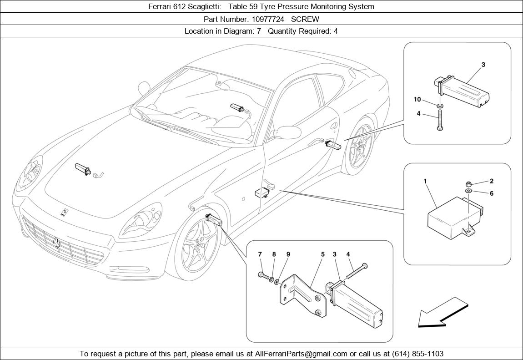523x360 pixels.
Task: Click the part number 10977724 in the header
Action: pos(268,19)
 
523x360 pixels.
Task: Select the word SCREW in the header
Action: pos(305,19)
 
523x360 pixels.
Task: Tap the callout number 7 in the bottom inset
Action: pos(260,254)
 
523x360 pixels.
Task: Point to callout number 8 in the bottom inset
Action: pos(274,254)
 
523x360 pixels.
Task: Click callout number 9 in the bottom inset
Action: pos(288,254)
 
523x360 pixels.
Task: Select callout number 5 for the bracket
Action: pos(322,254)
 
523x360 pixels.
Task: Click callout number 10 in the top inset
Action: pos(417,99)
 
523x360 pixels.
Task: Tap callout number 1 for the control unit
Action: pos(425,181)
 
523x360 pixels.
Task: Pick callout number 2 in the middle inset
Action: pos(492,181)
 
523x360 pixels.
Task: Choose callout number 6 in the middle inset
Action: pos(492,193)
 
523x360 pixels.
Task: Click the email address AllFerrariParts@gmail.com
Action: pos(301,354)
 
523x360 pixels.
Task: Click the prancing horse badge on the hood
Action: pos(65,212)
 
